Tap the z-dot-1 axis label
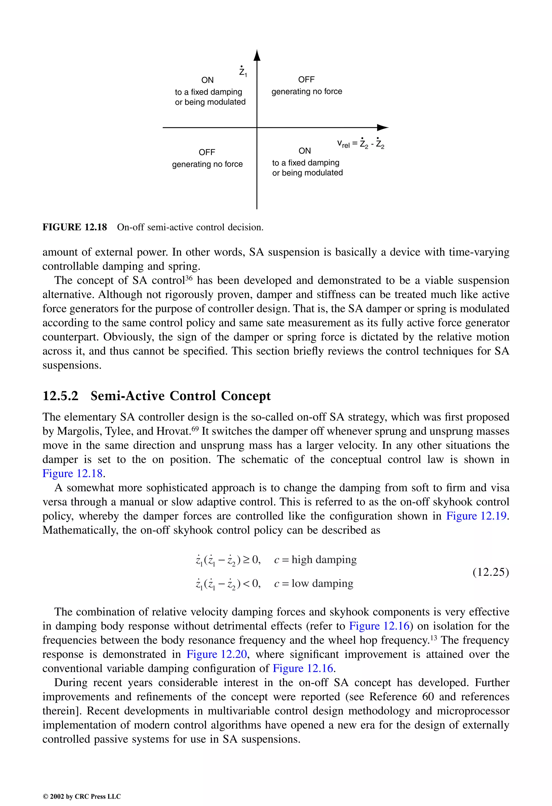click(243, 71)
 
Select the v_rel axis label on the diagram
click(360, 143)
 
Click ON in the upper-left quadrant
click(207, 80)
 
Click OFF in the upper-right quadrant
click(306, 80)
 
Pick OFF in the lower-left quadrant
click(207, 152)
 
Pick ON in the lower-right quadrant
click(305, 151)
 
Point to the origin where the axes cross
click(257, 128)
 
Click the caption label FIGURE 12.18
click(75, 227)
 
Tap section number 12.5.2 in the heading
click(60, 396)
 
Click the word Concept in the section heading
click(246, 396)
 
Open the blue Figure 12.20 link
click(217, 654)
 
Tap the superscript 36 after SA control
click(188, 278)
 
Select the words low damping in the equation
click(322, 583)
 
